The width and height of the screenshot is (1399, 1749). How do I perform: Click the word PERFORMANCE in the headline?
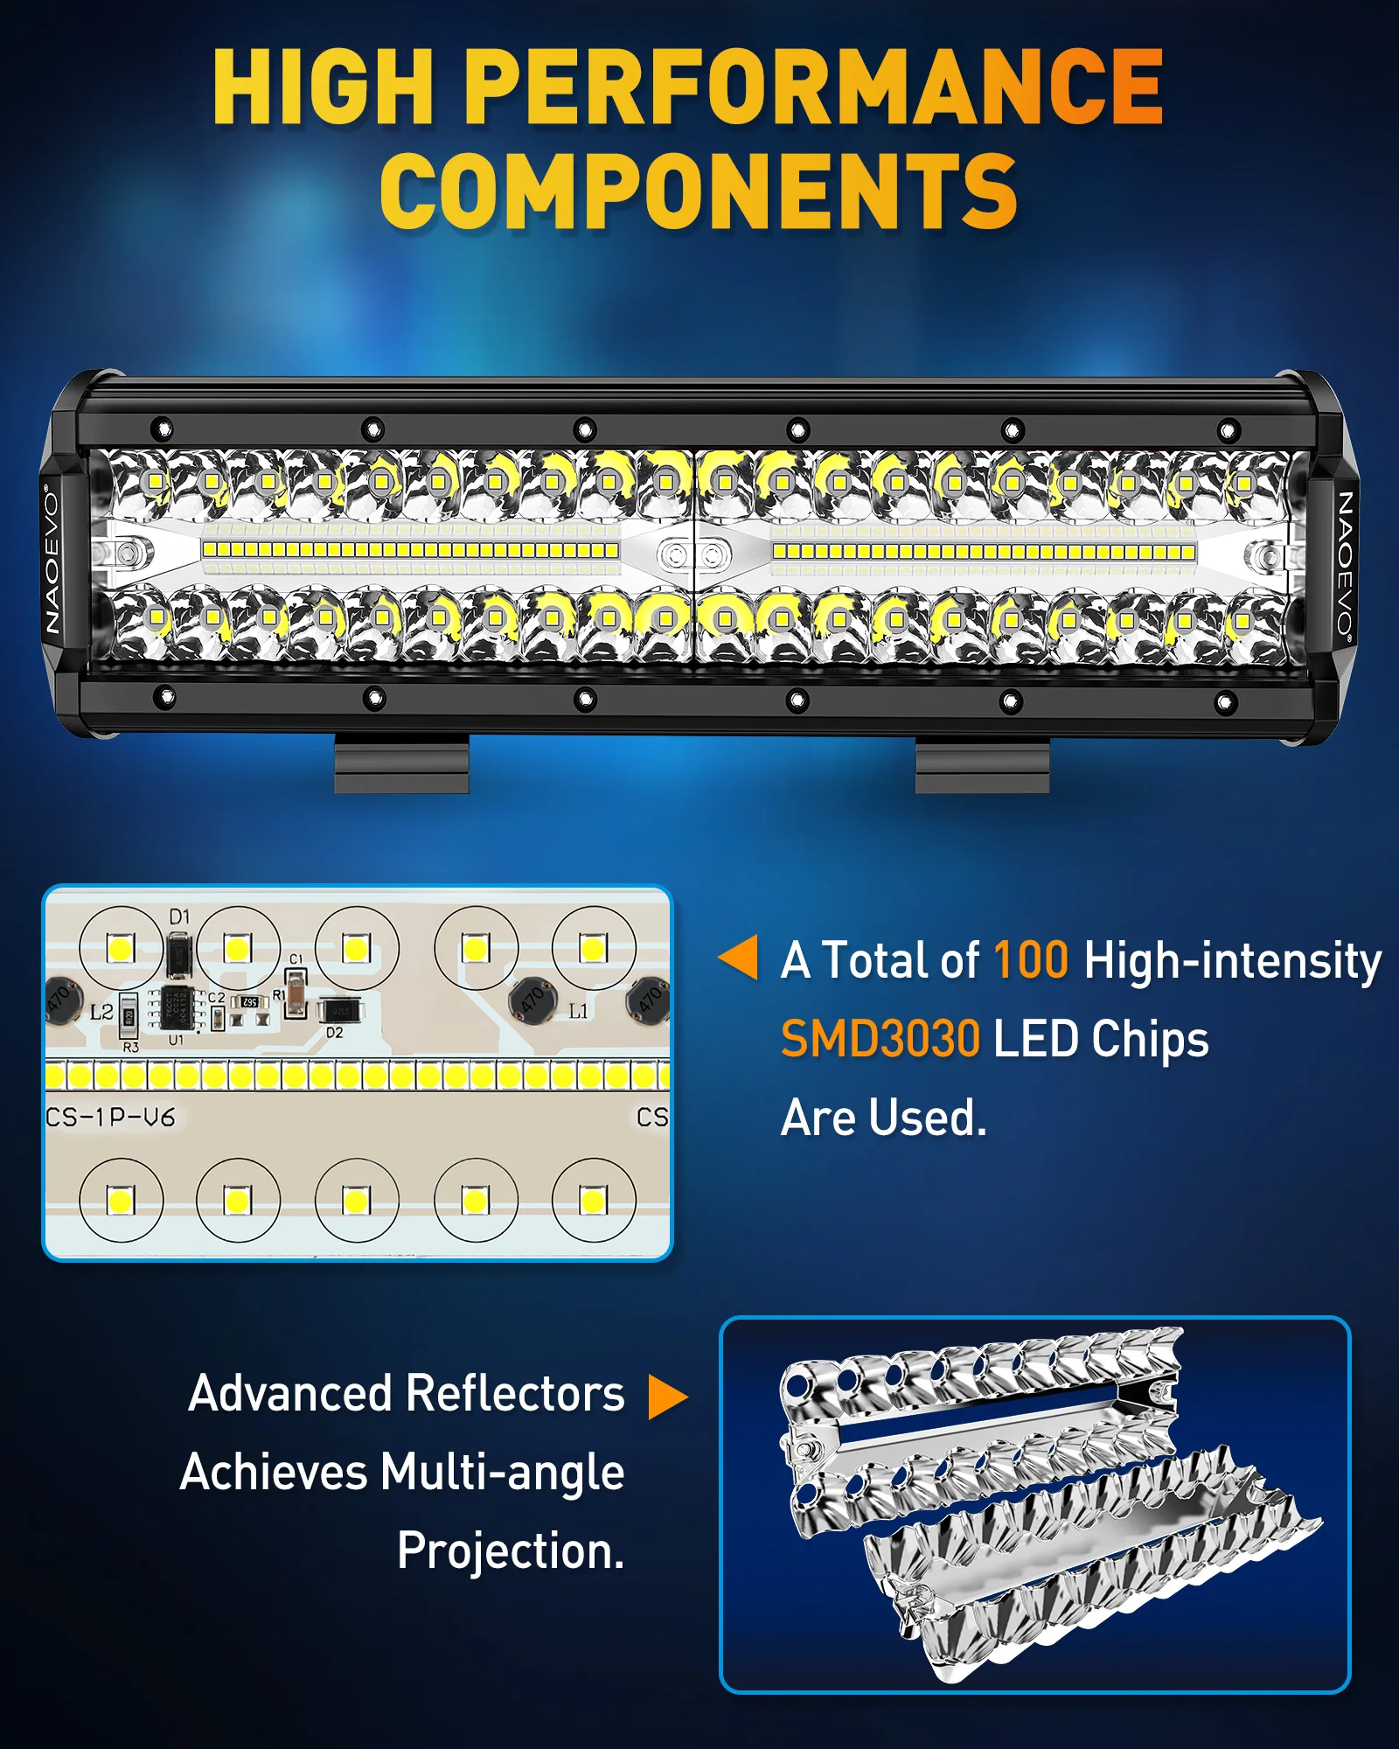813,87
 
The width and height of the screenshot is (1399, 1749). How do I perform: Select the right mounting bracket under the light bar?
982,765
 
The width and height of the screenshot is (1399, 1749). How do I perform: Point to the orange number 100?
1031,960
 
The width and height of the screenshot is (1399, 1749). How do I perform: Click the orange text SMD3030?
880,1039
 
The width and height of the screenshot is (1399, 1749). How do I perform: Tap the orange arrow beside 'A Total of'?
739,957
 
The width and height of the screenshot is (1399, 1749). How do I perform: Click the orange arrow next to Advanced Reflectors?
667,1397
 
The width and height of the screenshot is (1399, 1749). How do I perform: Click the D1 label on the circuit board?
179,916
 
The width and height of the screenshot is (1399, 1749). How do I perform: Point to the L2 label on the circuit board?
101,1012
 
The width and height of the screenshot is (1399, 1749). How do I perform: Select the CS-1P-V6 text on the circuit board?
110,1117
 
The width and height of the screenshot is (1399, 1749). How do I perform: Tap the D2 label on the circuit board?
335,1033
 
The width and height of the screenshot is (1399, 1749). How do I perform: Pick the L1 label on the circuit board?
578,1011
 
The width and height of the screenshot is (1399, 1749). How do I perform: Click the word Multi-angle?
502,1472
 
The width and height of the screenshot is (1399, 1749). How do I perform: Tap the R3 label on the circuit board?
130,1047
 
